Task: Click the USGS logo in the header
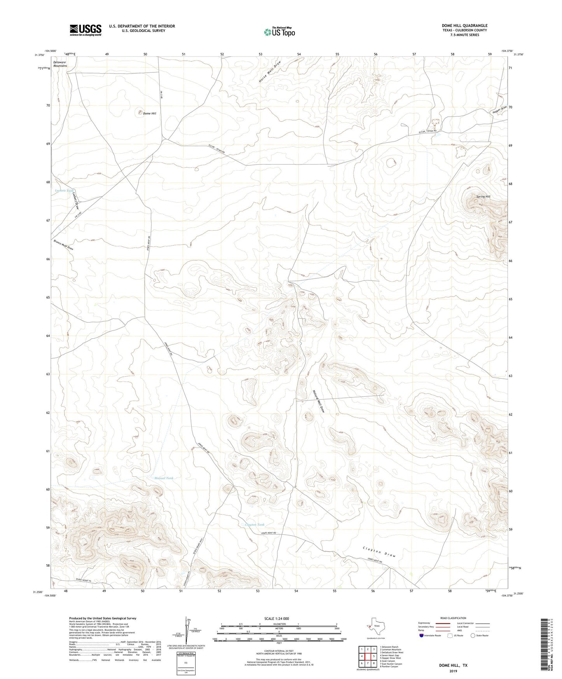pyautogui.click(x=85, y=30)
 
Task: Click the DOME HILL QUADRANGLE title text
pyautogui.click(x=464, y=26)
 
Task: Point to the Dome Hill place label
pyautogui.click(x=149, y=113)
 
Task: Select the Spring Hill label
pyautogui.click(x=483, y=196)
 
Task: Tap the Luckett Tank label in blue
pyautogui.click(x=64, y=191)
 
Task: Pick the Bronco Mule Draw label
pyautogui.click(x=63, y=245)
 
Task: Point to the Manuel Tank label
pyautogui.click(x=164, y=478)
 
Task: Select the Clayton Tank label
pyautogui.click(x=255, y=525)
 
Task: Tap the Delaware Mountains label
pyautogui.click(x=60, y=64)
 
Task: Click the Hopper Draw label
pyautogui.click(x=499, y=110)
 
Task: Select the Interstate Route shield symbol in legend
pyautogui.click(x=422, y=635)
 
